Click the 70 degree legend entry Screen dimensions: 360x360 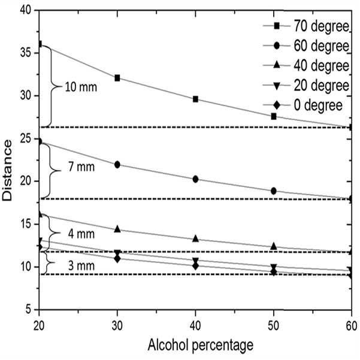coord(306,26)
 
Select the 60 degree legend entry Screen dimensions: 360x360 coord(306,46)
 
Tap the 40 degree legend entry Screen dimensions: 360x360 coord(306,66)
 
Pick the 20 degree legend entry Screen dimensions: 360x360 coord(306,86)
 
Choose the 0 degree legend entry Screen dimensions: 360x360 coord(303,105)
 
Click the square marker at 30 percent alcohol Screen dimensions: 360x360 coord(117,78)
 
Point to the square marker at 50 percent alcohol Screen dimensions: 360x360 coord(274,116)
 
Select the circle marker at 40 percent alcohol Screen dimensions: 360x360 coord(195,179)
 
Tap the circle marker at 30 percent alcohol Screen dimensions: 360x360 coord(117,165)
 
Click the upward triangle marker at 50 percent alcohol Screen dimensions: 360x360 coord(274,246)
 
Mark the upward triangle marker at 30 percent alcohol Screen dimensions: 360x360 coord(117,229)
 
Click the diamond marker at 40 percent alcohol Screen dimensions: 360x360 coord(195,267)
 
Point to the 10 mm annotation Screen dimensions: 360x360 coord(81,87)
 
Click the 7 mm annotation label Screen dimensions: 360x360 coord(81,167)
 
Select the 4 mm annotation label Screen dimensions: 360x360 coord(81,234)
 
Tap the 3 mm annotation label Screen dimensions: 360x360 coord(81,266)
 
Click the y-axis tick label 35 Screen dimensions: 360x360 coord(26,53)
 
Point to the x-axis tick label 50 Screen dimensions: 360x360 coord(274,326)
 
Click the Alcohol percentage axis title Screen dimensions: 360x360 coord(201,345)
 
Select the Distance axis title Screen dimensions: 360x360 coord(7,170)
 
